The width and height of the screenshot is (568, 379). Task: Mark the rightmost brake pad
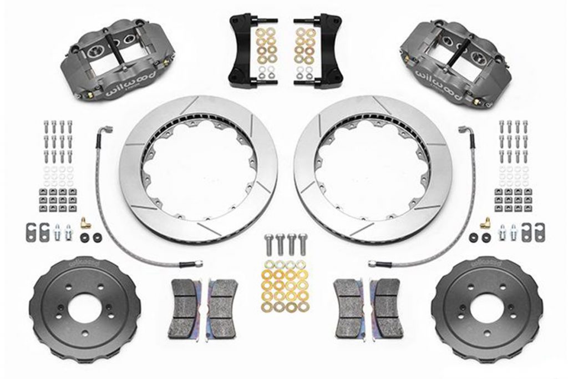click(386, 308)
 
